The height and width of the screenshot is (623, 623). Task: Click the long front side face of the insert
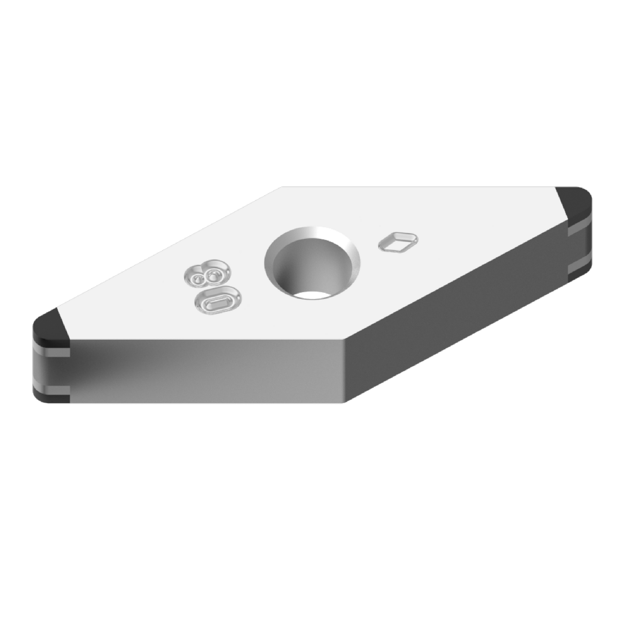(207, 371)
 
